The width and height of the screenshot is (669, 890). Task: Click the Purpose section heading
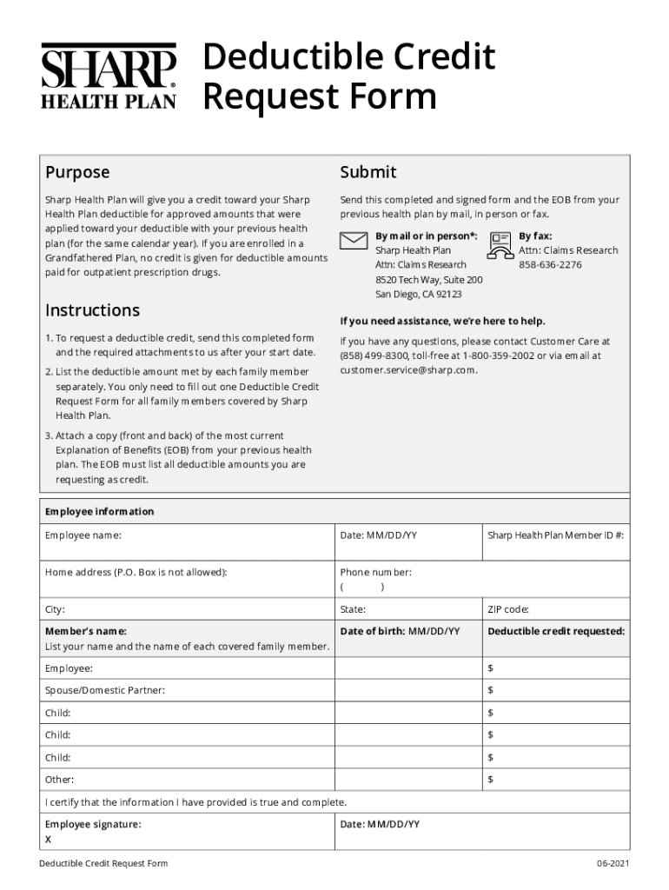tap(77, 172)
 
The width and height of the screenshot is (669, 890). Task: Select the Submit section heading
tap(368, 172)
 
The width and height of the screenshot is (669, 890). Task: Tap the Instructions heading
tap(92, 310)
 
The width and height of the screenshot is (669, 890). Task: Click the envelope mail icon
tap(354, 241)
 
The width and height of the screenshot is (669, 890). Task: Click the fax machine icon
tap(500, 245)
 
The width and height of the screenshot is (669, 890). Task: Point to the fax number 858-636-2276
tap(550, 264)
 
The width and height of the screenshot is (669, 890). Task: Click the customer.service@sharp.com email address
tap(408, 369)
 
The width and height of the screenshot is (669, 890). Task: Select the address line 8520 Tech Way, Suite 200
tap(428, 280)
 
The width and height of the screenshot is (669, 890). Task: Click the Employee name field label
tap(83, 535)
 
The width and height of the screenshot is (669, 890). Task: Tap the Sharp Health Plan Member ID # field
tap(555, 535)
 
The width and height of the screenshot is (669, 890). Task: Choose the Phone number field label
tap(375, 573)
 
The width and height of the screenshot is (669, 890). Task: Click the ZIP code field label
tap(508, 609)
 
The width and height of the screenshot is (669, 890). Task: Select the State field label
tap(353, 609)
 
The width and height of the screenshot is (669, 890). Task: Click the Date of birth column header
tap(400, 631)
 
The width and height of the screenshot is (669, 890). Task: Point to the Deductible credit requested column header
tap(555, 631)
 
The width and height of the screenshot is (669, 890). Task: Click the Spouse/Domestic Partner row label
tap(104, 690)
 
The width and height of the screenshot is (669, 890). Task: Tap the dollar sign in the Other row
tap(490, 780)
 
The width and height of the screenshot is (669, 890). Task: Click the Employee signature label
tap(93, 824)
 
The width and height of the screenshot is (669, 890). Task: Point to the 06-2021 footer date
tap(611, 863)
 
